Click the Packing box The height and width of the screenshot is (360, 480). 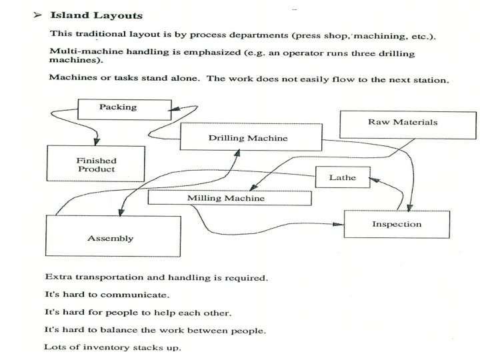pyautogui.click(x=118, y=107)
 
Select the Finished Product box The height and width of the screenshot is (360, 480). pyautogui.click(x=96, y=165)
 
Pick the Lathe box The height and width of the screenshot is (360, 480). pyautogui.click(x=343, y=178)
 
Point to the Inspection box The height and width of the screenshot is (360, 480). pyautogui.click(x=396, y=224)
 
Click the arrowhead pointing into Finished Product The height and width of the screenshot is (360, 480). pyautogui.click(x=97, y=141)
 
